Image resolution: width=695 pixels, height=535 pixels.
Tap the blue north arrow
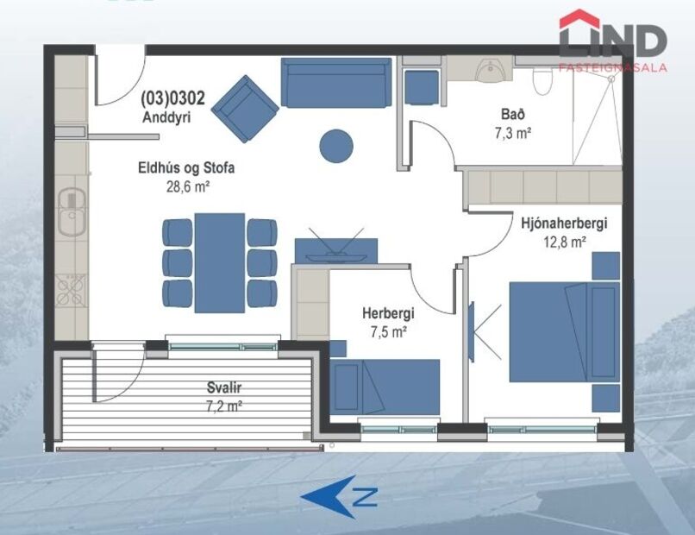(x=338, y=496)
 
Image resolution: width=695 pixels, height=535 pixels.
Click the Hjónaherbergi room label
(x=564, y=223)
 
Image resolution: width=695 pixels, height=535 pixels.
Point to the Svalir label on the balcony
(x=197, y=387)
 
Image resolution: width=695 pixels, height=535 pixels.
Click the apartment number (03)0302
(x=172, y=98)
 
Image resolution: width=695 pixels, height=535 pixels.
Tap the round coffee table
(x=336, y=145)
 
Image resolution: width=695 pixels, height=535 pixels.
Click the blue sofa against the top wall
(x=335, y=83)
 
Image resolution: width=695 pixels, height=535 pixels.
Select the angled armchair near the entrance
(x=247, y=109)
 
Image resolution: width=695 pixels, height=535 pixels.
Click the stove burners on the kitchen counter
(x=70, y=290)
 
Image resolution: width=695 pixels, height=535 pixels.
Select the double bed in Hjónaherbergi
(x=560, y=331)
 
